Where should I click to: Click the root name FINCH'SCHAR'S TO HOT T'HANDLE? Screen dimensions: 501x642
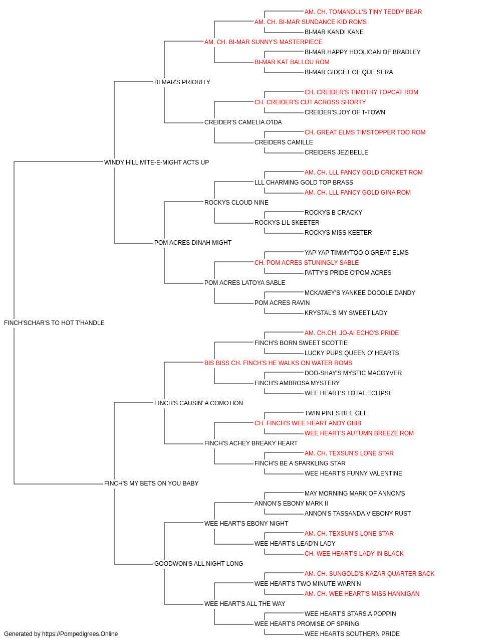click(54, 323)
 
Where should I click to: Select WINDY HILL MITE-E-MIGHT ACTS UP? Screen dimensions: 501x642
click(156, 163)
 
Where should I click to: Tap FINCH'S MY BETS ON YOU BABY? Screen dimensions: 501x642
click(151, 484)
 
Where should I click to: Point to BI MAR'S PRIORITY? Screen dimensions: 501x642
click(182, 82)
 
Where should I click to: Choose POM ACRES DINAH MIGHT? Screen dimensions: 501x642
click(193, 243)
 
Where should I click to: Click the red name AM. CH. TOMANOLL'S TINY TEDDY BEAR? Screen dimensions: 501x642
click(363, 12)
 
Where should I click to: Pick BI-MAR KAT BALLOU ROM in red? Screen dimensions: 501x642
click(292, 62)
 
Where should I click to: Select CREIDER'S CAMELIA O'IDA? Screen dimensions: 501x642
click(243, 122)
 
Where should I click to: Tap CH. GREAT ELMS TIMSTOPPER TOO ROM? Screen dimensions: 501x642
click(365, 132)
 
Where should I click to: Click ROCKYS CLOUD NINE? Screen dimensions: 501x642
click(236, 203)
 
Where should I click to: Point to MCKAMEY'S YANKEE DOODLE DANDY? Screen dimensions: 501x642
click(360, 293)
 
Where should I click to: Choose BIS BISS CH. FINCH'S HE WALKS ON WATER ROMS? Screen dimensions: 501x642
click(278, 363)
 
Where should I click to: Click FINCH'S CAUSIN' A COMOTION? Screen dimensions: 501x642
click(198, 403)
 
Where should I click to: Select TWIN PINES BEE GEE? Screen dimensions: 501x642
click(336, 413)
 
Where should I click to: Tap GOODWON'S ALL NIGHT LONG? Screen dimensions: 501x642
click(198, 564)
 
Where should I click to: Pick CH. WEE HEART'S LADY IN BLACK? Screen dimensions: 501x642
click(354, 554)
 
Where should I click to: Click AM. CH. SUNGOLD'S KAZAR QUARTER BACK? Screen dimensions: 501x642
click(369, 574)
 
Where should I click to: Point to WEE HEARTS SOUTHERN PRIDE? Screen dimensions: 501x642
click(352, 634)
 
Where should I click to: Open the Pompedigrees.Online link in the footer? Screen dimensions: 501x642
click(80, 634)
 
